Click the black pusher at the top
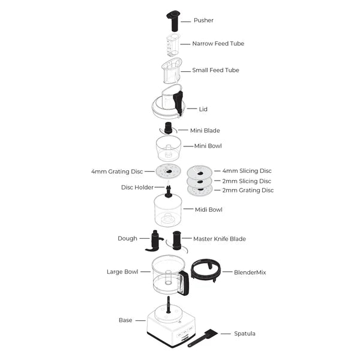click(173, 20)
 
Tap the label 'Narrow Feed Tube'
click(218, 44)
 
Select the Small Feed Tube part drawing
click(172, 70)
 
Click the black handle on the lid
click(178, 103)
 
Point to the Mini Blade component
click(168, 128)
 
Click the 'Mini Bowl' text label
click(208, 146)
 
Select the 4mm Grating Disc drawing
click(168, 171)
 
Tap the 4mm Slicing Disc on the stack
click(199, 172)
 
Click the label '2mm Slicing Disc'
click(247, 181)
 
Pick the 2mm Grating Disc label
click(248, 190)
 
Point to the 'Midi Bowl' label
click(208, 209)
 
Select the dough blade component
click(154, 241)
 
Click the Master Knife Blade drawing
click(177, 241)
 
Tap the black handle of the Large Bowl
click(184, 283)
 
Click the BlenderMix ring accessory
click(206, 269)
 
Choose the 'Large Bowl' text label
click(122, 272)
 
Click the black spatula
click(203, 338)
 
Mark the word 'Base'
click(125, 320)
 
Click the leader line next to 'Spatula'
click(226, 334)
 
